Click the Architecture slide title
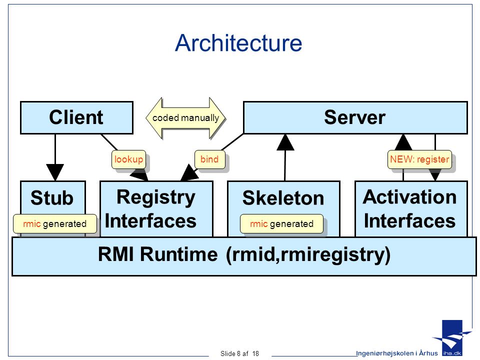click(238, 43)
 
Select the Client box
click(77, 118)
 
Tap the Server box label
click(354, 117)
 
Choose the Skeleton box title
click(283, 198)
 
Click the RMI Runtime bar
click(244, 256)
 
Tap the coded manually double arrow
click(186, 118)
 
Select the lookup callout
click(128, 159)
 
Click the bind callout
click(209, 159)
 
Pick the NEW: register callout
click(419, 159)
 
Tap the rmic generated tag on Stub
click(55, 224)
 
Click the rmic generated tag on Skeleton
click(281, 224)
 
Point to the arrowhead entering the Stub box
click(55, 172)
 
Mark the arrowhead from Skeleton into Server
click(285, 142)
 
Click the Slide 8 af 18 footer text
click(239, 353)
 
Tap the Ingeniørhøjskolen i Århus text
click(396, 353)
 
